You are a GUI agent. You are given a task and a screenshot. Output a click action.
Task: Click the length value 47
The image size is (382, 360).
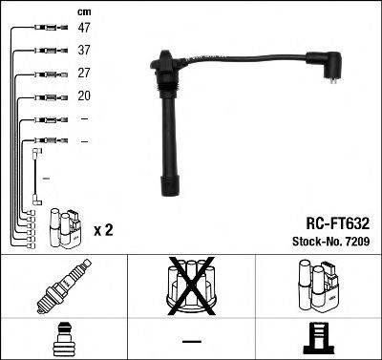coord(85,29)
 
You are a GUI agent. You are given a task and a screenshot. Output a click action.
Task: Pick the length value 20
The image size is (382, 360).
coord(84,97)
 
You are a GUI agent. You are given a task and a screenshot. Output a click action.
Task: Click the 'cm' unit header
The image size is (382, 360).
coord(85,11)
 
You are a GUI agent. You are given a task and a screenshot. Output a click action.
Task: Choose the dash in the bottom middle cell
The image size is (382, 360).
coord(191,341)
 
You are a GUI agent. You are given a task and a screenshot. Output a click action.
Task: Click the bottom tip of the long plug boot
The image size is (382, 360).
coord(172,185)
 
